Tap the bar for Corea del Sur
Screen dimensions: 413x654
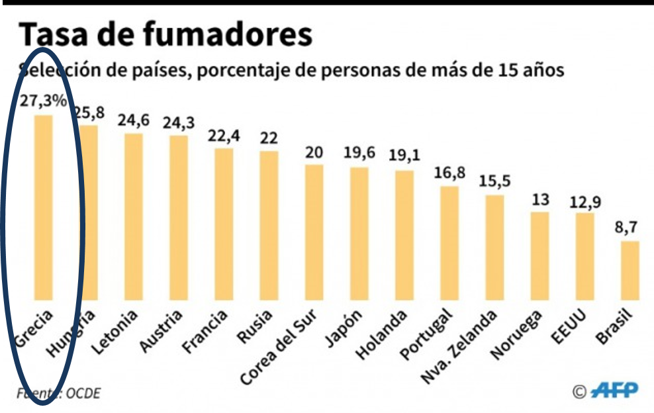click(314, 232)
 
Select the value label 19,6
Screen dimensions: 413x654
click(359, 154)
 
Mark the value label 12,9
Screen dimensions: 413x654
click(584, 201)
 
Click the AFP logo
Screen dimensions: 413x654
click(614, 390)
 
